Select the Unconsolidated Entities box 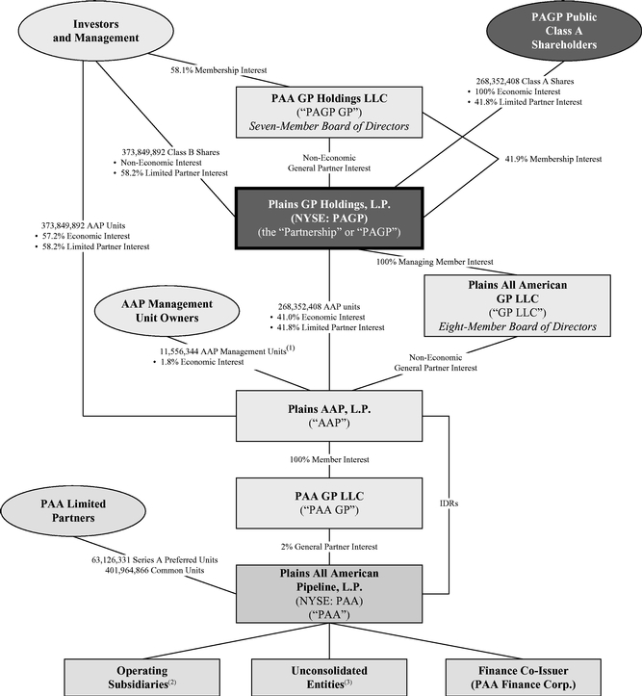[x=328, y=675]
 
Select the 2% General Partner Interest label [x=328, y=547]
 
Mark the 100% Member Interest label [x=328, y=460]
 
